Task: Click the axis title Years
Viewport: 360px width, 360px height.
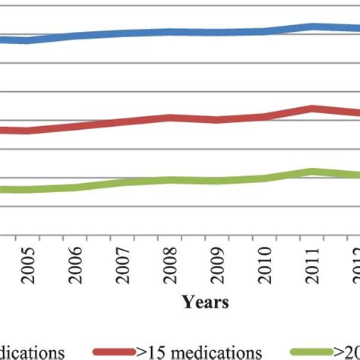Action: [x=205, y=302]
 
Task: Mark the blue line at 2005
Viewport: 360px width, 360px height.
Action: [x=28, y=39]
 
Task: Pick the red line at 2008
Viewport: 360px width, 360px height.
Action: [x=173, y=118]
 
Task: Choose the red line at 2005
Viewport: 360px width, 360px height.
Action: [x=28, y=131]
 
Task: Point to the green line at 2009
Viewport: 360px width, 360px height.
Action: [x=219, y=181]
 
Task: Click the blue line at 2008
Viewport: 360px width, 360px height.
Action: [x=173, y=32]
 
